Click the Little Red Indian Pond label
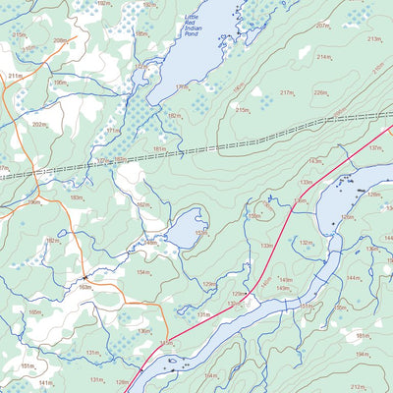(198, 29)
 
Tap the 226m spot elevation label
(319, 93)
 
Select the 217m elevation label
(287, 92)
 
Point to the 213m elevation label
(373, 39)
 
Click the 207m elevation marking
(322, 26)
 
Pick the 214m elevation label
(324, 57)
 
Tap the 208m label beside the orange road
(61, 40)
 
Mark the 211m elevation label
(15, 75)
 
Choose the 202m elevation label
(38, 124)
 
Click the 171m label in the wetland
(113, 130)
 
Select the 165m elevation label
(35, 311)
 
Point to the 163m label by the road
(85, 287)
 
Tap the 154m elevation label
(143, 271)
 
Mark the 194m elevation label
(362, 354)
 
